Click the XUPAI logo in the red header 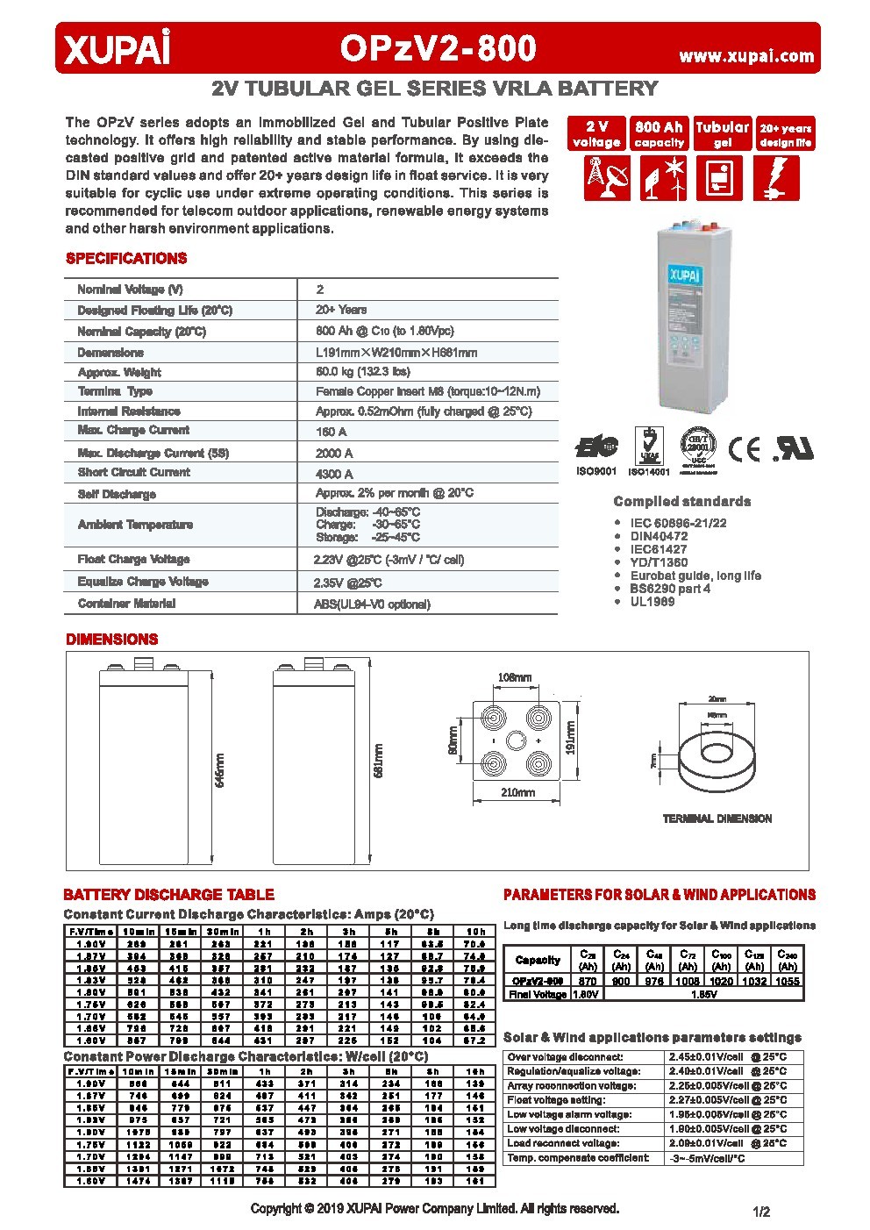[x=114, y=50]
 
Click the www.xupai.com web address [x=746, y=56]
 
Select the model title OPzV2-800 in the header [x=438, y=48]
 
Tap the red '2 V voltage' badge [x=596, y=134]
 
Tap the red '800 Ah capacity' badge [x=659, y=134]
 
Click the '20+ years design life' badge [x=785, y=134]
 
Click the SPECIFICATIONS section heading [x=126, y=259]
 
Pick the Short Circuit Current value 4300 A [x=334, y=474]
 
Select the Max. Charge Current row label [x=133, y=431]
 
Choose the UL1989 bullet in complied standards [x=652, y=602]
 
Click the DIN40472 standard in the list [x=659, y=536]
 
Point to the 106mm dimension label [x=515, y=677]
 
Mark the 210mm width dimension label [x=517, y=793]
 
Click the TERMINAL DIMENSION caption [x=717, y=819]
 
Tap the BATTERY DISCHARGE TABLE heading [x=168, y=895]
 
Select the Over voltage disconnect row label [x=565, y=1057]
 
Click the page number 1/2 [x=760, y=1212]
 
